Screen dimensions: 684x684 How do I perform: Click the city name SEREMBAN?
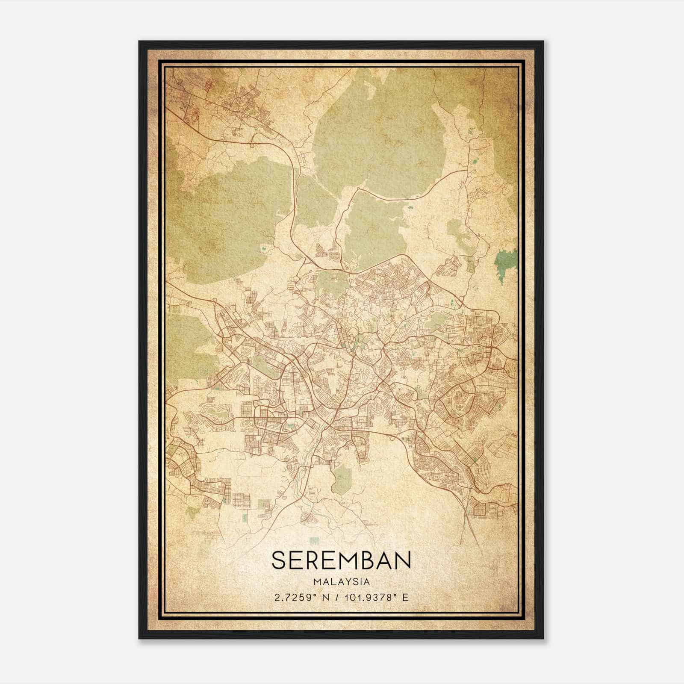tap(341, 560)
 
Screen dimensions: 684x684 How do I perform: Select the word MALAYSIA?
tap(341, 582)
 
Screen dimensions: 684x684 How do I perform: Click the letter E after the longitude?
tap(406, 597)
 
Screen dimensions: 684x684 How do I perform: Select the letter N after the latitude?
tap(326, 597)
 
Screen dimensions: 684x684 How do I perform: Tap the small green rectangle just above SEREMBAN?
tap(315, 541)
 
